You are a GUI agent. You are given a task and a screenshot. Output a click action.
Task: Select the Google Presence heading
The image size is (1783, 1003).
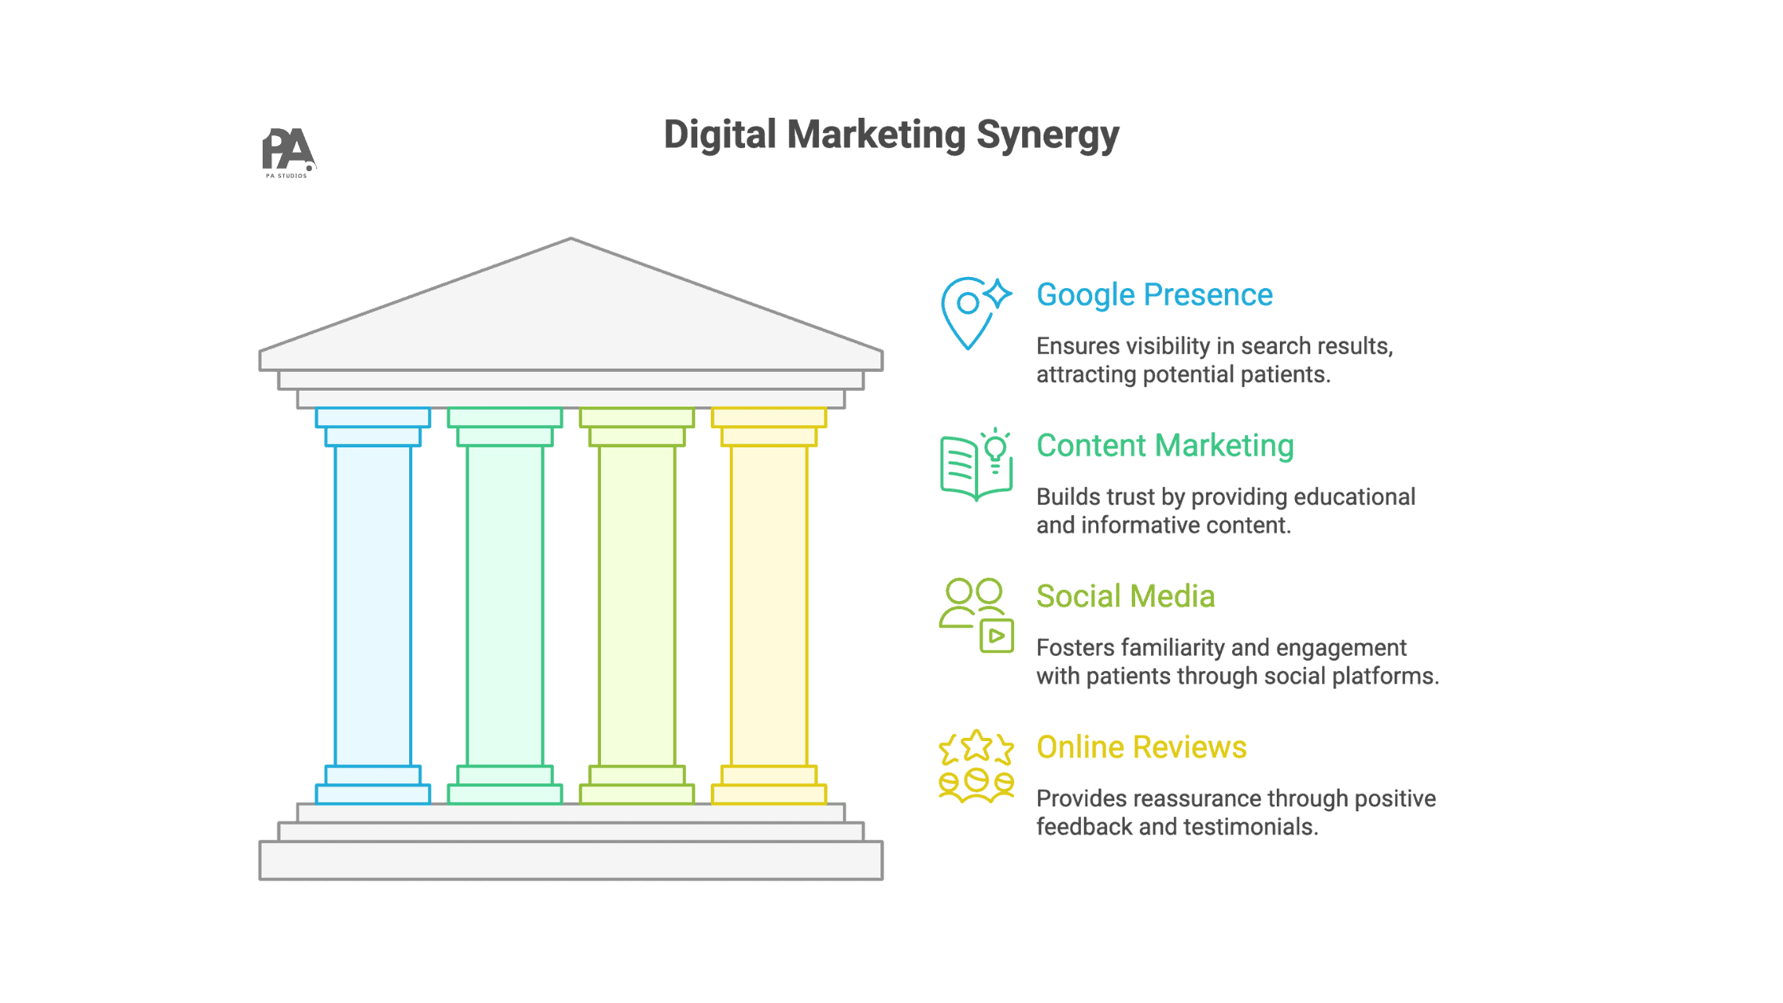tap(1154, 295)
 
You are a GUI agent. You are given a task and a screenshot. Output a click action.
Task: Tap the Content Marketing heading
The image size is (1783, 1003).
tap(1165, 446)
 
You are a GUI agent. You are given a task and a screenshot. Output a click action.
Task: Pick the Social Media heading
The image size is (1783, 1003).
tap(1125, 596)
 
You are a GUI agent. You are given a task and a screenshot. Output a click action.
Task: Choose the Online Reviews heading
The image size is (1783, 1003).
tap(1141, 747)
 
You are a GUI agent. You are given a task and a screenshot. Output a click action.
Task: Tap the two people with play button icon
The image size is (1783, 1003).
tap(976, 615)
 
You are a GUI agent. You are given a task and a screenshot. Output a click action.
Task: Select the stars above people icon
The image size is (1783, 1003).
tap(976, 766)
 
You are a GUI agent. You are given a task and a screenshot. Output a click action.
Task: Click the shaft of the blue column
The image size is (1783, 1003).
tap(373, 605)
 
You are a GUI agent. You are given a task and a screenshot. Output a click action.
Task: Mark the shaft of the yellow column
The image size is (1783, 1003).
tap(769, 605)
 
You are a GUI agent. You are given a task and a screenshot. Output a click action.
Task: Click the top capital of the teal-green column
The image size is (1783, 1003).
tap(505, 418)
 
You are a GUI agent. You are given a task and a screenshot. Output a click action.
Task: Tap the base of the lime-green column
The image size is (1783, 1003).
tap(637, 794)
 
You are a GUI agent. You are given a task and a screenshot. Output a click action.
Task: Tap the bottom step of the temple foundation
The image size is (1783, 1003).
tap(571, 861)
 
